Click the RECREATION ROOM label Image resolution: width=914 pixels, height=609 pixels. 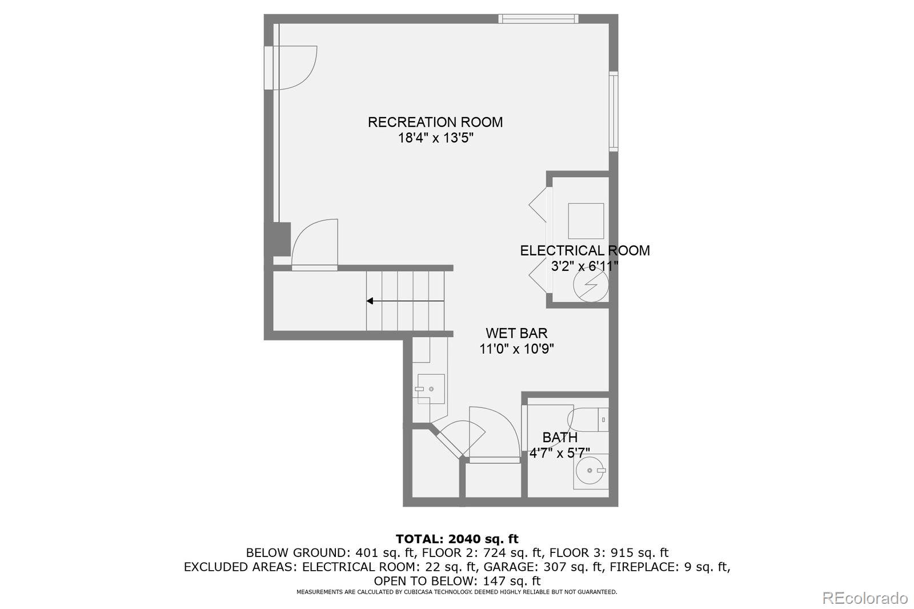tap(435, 122)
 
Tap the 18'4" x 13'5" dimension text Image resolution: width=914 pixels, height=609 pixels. tap(435, 138)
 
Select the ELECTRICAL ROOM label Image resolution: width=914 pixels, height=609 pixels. tap(584, 250)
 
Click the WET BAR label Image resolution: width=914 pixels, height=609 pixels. tap(516, 333)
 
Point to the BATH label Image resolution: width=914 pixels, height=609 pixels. tap(559, 437)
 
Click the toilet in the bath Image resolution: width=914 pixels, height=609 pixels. tap(589, 419)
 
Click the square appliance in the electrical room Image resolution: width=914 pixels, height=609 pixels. tap(586, 221)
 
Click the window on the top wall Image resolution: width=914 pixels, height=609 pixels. tap(538, 19)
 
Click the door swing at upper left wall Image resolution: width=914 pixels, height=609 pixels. tap(294, 67)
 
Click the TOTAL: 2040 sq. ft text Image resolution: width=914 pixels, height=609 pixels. tap(456, 539)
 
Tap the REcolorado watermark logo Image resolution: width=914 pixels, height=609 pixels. tap(864, 598)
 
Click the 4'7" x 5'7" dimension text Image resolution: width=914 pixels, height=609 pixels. tap(559, 453)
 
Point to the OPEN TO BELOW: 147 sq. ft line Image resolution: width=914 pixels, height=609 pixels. tap(456, 580)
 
